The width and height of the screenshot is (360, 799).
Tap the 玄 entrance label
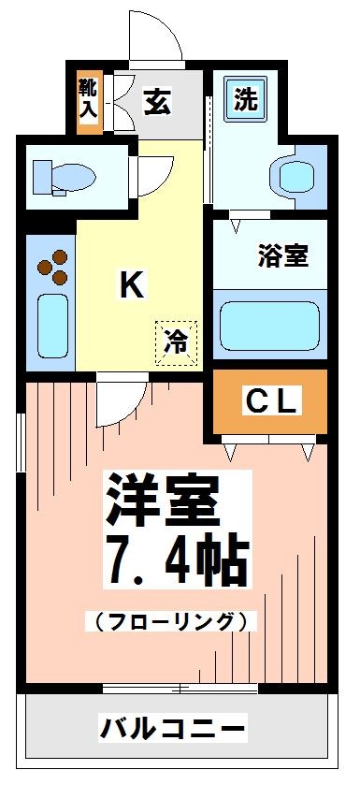coord(156,101)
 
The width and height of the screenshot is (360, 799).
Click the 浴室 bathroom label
coord(282,255)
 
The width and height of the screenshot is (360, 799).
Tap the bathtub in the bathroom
coord(268,325)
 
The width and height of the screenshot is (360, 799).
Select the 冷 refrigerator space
coord(177,340)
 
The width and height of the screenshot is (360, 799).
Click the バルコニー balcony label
coord(173,726)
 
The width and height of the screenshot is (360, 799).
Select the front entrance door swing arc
coord(155,37)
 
